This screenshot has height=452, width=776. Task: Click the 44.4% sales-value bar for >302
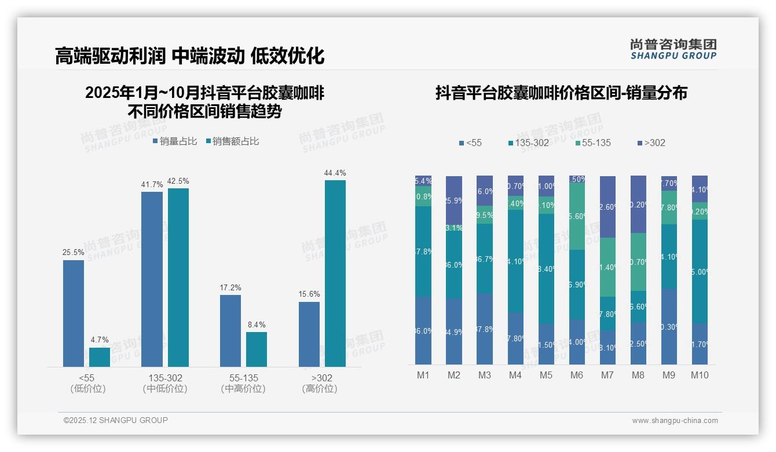(335, 273)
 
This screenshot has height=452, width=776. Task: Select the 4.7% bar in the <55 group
(100, 357)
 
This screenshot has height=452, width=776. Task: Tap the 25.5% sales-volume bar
(74, 313)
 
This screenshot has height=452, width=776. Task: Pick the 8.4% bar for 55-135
(257, 349)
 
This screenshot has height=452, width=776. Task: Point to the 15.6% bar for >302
(309, 334)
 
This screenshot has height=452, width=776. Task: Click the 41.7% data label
(152, 184)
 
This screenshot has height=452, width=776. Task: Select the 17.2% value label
(230, 287)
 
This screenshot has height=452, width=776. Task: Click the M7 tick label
(607, 375)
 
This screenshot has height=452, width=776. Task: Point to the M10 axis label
(700, 375)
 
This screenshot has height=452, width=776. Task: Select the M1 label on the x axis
(423, 375)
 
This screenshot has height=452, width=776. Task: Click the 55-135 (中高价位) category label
(243, 383)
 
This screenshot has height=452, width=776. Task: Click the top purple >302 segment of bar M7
(607, 206)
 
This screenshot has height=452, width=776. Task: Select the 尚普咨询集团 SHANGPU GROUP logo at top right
(673, 49)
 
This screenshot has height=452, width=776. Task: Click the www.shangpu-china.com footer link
(675, 420)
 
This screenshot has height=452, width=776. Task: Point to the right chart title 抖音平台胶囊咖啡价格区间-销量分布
(561, 93)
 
